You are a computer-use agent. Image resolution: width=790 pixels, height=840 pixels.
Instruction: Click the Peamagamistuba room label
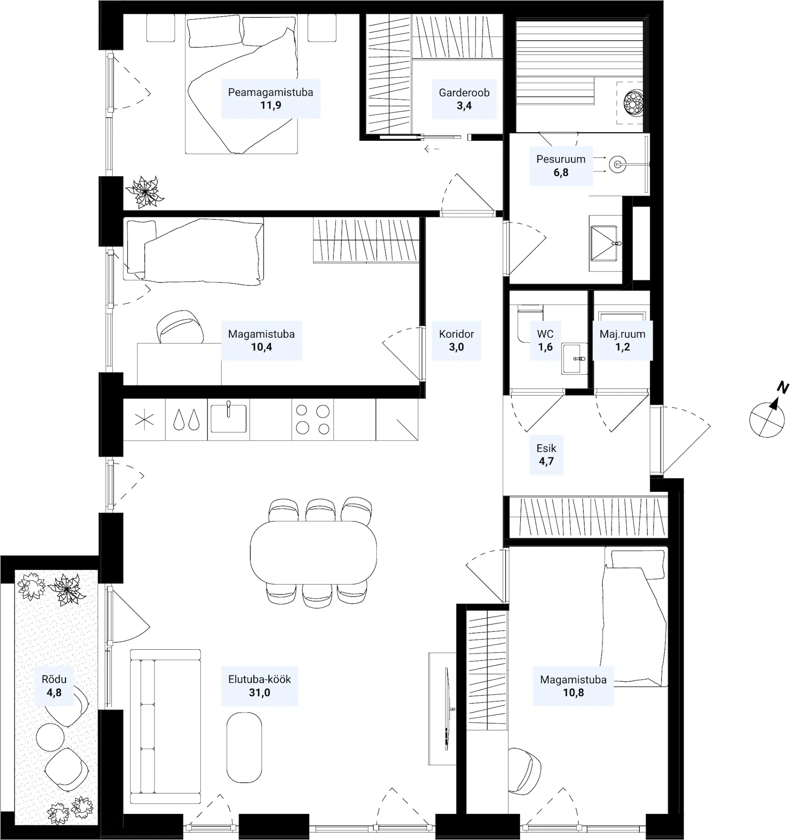pyautogui.click(x=271, y=98)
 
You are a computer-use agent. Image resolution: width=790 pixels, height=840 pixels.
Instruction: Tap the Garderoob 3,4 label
pyautogui.click(x=464, y=99)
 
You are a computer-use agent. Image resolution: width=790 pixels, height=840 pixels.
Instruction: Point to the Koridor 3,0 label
pyautogui.click(x=456, y=341)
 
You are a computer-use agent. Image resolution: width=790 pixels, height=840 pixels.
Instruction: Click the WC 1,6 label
pyautogui.click(x=545, y=341)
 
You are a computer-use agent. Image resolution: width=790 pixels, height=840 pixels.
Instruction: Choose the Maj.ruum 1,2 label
pyautogui.click(x=623, y=341)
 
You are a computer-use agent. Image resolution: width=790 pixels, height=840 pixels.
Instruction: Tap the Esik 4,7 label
pyautogui.click(x=546, y=454)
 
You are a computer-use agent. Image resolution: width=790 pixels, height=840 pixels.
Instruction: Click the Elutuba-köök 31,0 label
pyautogui.click(x=260, y=686)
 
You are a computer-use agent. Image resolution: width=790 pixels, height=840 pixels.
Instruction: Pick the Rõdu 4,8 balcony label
pyautogui.click(x=54, y=686)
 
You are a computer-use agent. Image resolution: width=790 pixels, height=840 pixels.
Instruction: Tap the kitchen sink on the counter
pyautogui.click(x=228, y=418)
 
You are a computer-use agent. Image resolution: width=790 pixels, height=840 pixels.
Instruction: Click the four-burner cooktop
pyautogui.click(x=313, y=420)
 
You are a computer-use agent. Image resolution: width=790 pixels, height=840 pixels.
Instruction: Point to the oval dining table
pyautogui.click(x=313, y=552)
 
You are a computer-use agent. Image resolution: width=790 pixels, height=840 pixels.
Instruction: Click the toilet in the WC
pyautogui.click(x=529, y=323)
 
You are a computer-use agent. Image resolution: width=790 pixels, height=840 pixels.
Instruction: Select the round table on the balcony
pyautogui.click(x=50, y=738)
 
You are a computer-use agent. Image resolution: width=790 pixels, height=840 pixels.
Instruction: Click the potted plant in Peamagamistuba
pyautogui.click(x=145, y=192)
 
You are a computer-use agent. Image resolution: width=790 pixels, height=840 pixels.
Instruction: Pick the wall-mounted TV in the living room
pyautogui.click(x=447, y=709)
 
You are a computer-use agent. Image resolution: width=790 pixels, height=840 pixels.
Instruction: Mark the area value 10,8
pyautogui.click(x=573, y=693)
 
